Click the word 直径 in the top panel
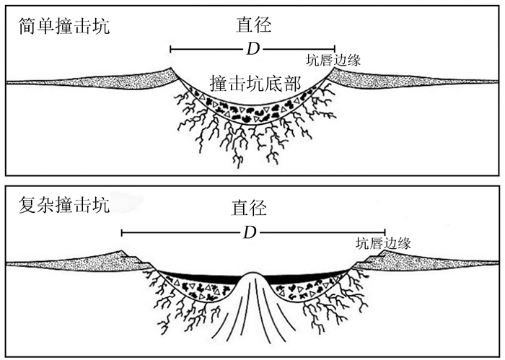click(253, 26)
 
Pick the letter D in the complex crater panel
click(249, 232)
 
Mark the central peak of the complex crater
click(252, 289)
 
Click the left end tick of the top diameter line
click(170, 49)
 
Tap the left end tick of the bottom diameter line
click(122, 232)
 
